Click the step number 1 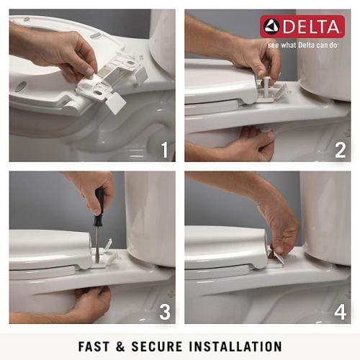pos(164,150)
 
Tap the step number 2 pos(340,150)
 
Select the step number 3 pos(164,312)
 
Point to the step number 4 pos(340,312)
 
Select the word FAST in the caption pos(96,346)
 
